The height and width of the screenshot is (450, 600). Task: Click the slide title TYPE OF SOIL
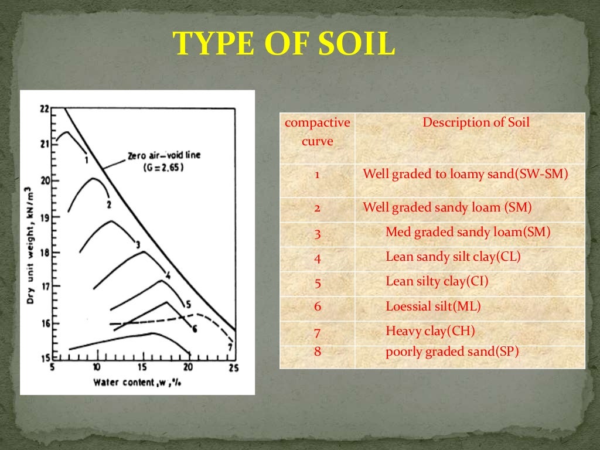pos(284,44)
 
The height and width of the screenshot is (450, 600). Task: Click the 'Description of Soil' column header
pos(476,122)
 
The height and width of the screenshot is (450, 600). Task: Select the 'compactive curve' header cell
pos(317,132)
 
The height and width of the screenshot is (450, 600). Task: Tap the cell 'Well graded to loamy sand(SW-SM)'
pos(465,174)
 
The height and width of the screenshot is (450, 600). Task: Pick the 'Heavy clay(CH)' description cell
pos(430,331)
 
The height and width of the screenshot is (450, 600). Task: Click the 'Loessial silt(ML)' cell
pos(433,306)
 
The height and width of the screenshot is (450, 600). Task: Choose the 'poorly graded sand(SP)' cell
pos(452,352)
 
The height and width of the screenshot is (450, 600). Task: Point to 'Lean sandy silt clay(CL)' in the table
pos(453,257)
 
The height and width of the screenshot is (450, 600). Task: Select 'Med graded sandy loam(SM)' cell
pos(468,232)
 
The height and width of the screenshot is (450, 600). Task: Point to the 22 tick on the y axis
pos(45,109)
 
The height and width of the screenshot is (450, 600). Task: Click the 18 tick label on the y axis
pos(45,253)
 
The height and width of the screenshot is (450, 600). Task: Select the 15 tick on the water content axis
pos(142,367)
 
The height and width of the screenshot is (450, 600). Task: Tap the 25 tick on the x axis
pos(233,367)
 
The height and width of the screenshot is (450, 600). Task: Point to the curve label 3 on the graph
pos(137,244)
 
